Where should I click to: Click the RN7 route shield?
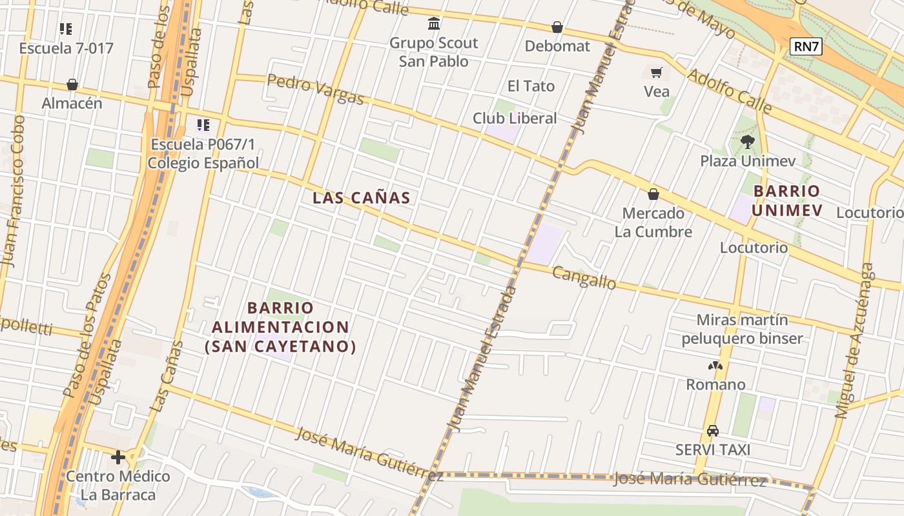click(806, 46)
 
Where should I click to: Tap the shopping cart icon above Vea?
click(657, 73)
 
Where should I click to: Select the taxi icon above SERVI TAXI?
click(713, 430)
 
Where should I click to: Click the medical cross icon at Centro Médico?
click(118, 457)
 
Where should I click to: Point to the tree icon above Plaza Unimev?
click(748, 141)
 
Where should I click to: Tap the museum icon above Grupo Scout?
click(434, 25)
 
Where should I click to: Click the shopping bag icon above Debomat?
click(557, 27)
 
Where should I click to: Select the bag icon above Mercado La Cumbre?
click(653, 194)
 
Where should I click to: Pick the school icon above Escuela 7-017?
click(66, 29)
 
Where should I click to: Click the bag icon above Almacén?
click(72, 84)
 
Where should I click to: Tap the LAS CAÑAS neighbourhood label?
click(362, 198)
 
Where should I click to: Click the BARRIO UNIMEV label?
click(786, 201)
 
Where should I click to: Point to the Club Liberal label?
click(515, 118)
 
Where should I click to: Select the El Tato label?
click(531, 86)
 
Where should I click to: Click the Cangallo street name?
click(584, 279)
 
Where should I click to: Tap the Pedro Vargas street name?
click(315, 89)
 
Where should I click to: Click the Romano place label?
click(715, 384)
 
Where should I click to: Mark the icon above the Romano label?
click(715, 366)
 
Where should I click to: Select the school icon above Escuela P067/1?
click(203, 125)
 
